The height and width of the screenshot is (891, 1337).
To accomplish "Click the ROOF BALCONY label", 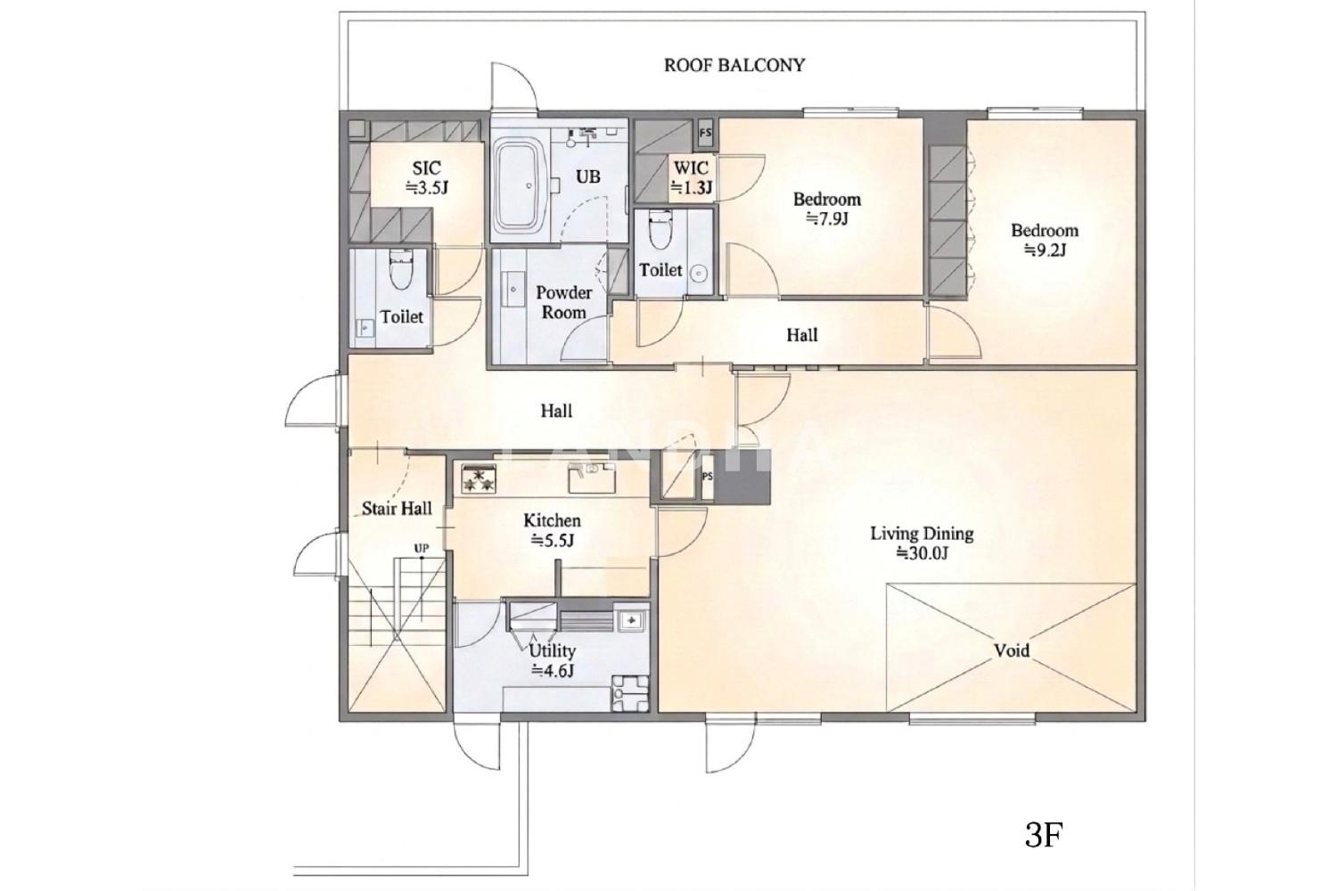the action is [734, 65].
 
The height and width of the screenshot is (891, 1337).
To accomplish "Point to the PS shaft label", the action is [708, 477].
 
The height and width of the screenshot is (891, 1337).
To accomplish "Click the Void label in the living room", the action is [1011, 650].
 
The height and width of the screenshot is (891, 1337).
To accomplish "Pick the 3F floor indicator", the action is [1044, 834].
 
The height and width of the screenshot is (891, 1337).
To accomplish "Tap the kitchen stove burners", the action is [479, 479].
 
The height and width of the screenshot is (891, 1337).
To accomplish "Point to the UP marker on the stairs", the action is [422, 548].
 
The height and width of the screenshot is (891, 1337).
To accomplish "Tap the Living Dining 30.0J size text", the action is [923, 553].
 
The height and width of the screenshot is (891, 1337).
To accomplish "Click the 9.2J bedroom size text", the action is [1045, 250].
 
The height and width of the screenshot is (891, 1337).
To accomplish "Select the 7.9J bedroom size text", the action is [826, 219].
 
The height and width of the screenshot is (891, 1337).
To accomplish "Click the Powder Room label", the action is [563, 303].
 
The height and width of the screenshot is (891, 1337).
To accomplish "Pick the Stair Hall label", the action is [397, 509].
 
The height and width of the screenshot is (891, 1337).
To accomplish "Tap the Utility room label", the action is [552, 650].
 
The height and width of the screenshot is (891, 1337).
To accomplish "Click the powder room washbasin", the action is [513, 290].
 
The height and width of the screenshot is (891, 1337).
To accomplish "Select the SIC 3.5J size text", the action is [427, 188].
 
